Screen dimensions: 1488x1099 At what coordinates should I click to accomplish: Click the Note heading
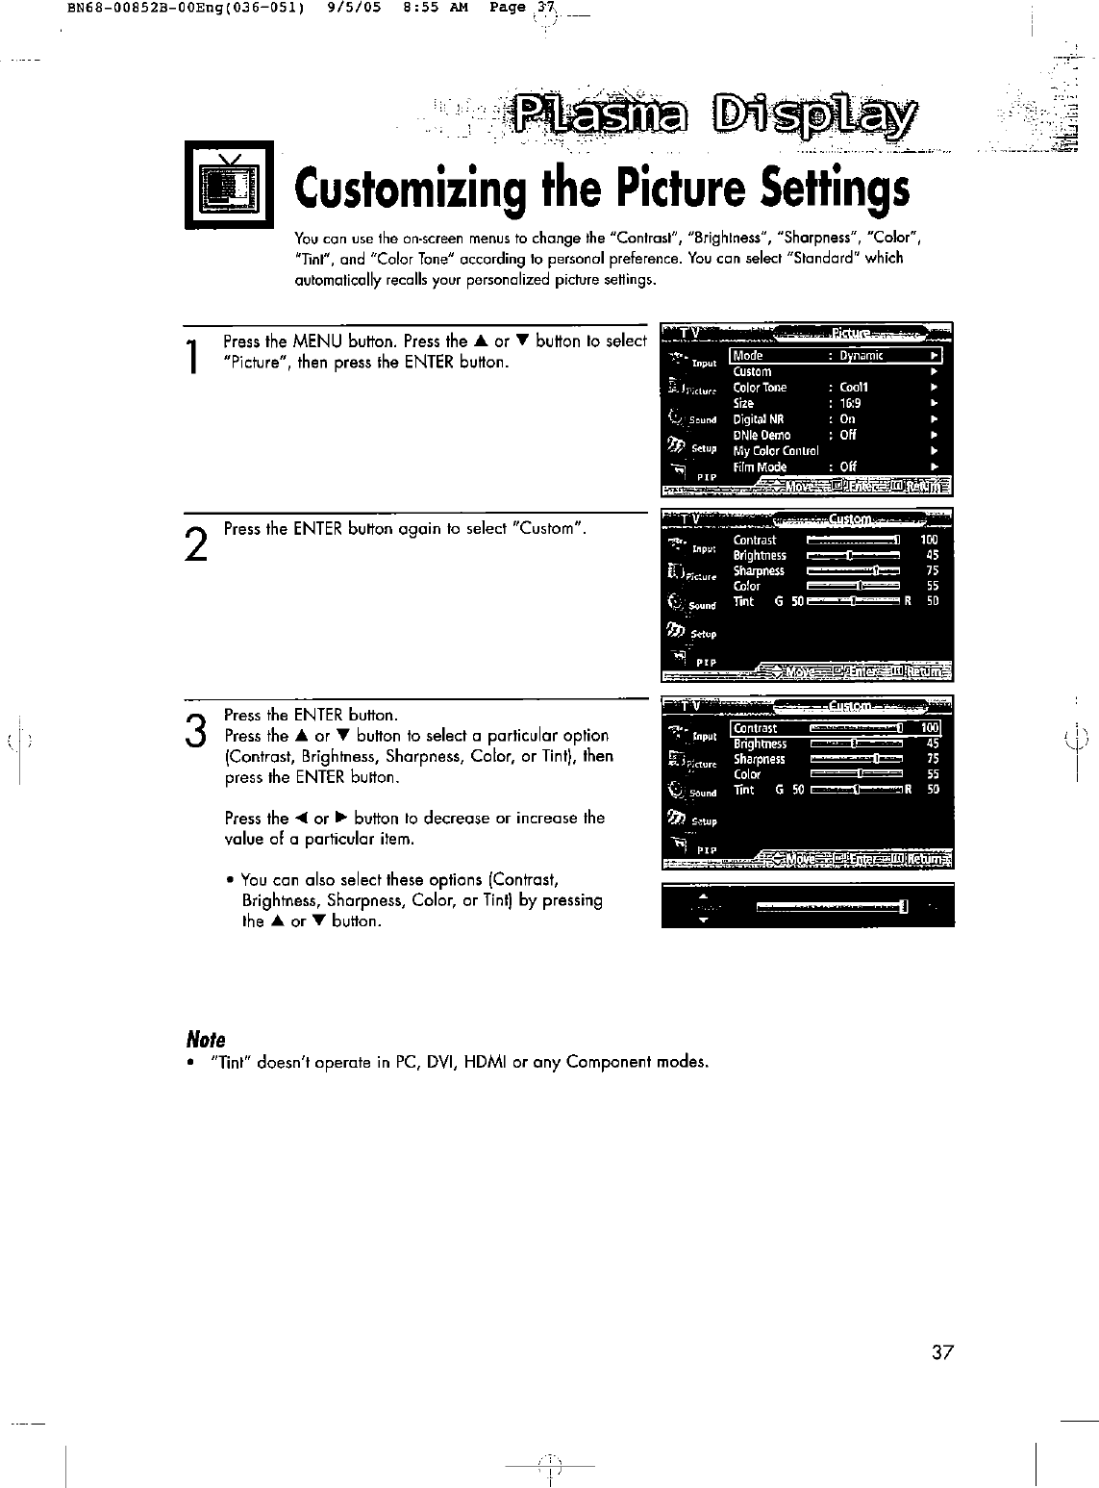(205, 1040)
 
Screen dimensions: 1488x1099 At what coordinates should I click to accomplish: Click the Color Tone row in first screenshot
(760, 388)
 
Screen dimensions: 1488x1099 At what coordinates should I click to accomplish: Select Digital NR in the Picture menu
(759, 419)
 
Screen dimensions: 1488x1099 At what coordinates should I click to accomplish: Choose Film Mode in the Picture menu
(760, 467)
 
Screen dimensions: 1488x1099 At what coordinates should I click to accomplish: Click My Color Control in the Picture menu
(776, 450)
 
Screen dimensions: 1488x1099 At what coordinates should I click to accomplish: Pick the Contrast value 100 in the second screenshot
(929, 540)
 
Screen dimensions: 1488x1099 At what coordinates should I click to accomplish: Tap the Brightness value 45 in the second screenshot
(931, 555)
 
